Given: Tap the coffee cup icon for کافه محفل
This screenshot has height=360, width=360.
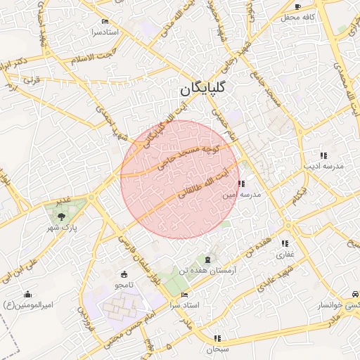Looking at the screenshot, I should (x=297, y=6).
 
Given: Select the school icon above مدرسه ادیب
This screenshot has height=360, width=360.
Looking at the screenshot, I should (x=323, y=155).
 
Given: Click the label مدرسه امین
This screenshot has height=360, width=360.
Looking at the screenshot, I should (x=242, y=194).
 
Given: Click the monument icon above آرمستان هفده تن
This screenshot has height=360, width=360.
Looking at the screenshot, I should (x=207, y=259).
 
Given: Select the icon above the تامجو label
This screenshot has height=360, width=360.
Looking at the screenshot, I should (x=124, y=274).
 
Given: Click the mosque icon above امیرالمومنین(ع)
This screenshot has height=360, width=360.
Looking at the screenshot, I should (x=27, y=294).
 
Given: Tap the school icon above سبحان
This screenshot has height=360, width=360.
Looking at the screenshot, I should (x=217, y=338).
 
